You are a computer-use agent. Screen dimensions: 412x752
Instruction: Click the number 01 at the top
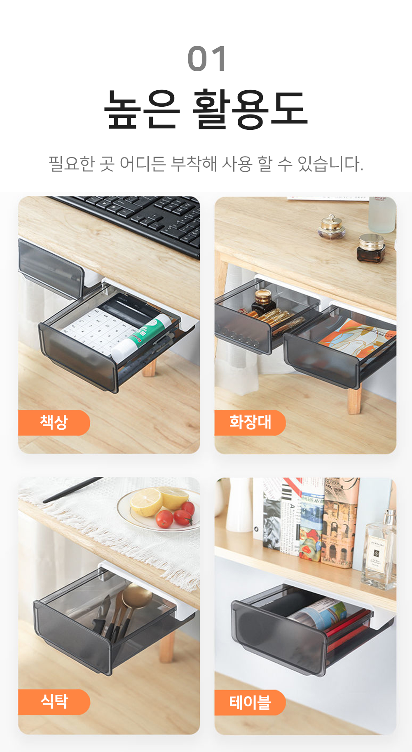(x=207, y=59)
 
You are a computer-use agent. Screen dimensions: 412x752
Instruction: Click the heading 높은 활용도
(x=206, y=109)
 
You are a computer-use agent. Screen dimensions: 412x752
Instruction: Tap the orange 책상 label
(x=54, y=422)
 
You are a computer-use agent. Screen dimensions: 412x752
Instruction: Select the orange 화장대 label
(x=250, y=422)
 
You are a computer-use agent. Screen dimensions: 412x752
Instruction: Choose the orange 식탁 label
(x=54, y=701)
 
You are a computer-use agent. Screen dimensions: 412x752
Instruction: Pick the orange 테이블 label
(x=250, y=702)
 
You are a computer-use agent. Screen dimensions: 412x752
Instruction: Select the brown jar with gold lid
(x=371, y=248)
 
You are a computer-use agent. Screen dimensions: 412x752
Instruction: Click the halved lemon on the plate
(x=146, y=501)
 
